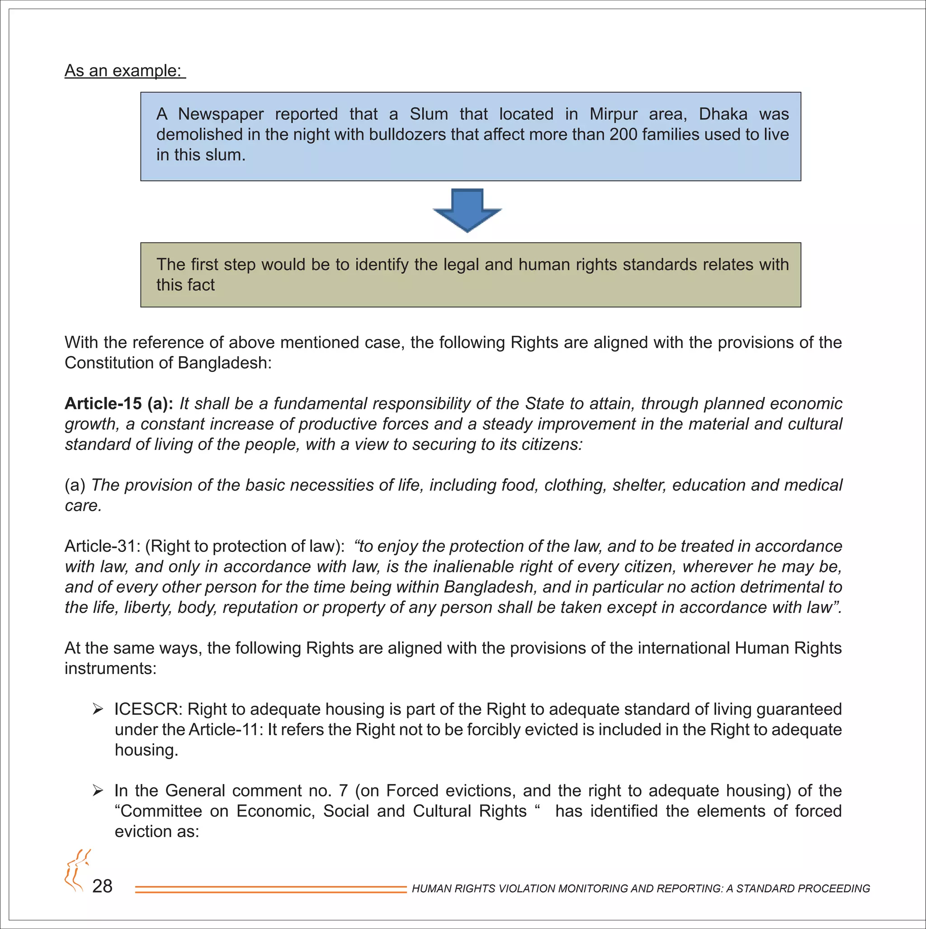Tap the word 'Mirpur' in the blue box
coord(613,114)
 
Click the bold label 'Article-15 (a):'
coord(119,403)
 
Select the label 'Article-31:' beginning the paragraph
coord(102,546)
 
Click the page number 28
coord(102,886)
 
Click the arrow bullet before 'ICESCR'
coord(98,710)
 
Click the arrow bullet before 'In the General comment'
coord(98,791)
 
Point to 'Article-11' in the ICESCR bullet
coord(224,730)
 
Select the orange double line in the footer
coord(271,890)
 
